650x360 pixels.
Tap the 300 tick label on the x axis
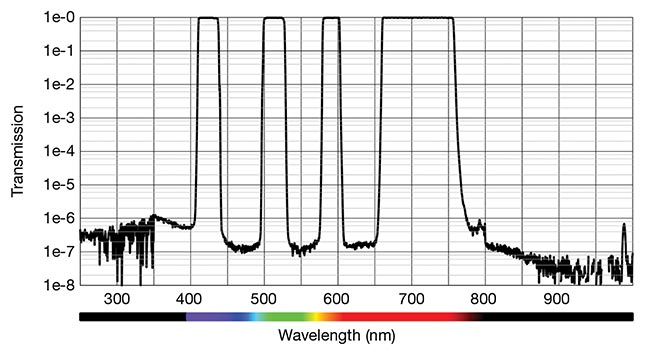(x=116, y=298)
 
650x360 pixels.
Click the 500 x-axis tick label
(x=263, y=298)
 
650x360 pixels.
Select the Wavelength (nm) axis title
(x=356, y=334)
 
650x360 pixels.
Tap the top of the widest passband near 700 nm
(x=417, y=18)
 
